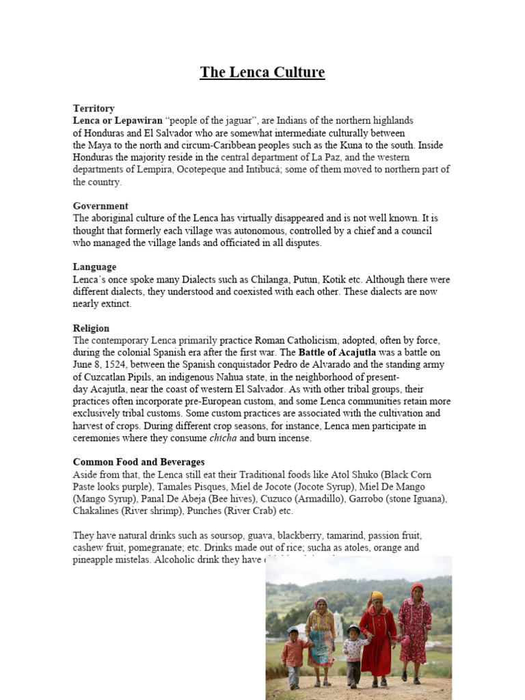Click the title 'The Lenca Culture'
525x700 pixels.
pyautogui.click(x=262, y=72)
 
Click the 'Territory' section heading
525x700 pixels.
pyautogui.click(x=94, y=108)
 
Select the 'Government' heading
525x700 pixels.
pyautogui.click(x=100, y=206)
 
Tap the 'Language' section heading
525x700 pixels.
pyautogui.click(x=94, y=267)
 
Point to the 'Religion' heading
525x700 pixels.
pyautogui.click(x=91, y=328)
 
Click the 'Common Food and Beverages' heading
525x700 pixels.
pyautogui.click(x=139, y=462)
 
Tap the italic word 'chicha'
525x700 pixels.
pyautogui.click(x=223, y=438)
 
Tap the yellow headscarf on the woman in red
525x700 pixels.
pyautogui.click(x=377, y=596)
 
